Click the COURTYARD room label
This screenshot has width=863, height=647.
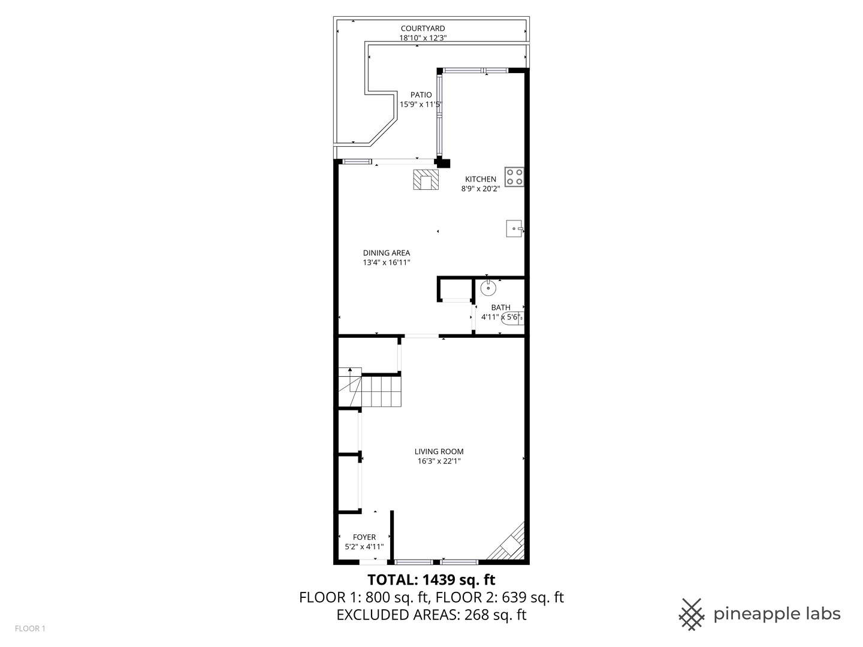point(423,28)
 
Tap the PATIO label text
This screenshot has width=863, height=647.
point(421,95)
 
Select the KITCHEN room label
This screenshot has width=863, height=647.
point(481,179)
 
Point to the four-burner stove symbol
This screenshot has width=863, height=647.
point(514,176)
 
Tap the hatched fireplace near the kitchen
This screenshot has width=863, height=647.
point(426,180)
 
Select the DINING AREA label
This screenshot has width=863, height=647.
point(386,253)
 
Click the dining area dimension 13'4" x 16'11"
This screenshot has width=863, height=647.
point(386,262)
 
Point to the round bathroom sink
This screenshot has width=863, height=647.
point(489,288)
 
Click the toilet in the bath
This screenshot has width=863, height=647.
point(513,318)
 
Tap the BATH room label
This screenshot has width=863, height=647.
point(500,307)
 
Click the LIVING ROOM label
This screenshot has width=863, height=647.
point(439,452)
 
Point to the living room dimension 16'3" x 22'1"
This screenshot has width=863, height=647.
point(439,461)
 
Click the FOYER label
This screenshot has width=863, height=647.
point(364,537)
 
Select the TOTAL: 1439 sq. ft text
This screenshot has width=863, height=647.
point(431,580)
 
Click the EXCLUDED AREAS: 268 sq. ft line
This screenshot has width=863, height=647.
point(431,615)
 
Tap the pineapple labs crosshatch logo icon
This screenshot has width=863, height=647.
point(692,614)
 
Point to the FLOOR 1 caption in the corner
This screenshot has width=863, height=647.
point(30,628)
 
